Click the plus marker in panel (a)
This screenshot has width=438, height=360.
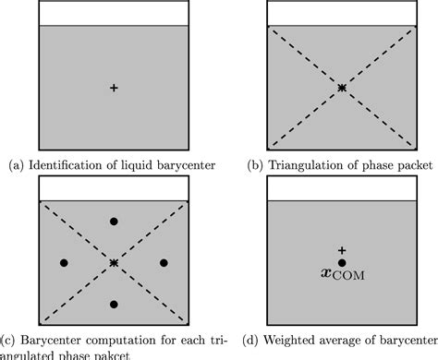[114, 88]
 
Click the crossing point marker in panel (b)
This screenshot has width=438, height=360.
[342, 88]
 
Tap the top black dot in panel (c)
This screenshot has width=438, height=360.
[114, 222]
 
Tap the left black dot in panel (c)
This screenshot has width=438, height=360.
[64, 263]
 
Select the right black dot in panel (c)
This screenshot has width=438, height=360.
[164, 263]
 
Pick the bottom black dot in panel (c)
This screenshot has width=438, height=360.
[114, 304]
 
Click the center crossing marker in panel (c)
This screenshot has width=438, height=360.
[114, 263]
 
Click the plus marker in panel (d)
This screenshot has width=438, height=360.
[342, 250]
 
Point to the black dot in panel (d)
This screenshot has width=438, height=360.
[342, 263]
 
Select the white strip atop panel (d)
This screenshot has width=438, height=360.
[342, 187]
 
